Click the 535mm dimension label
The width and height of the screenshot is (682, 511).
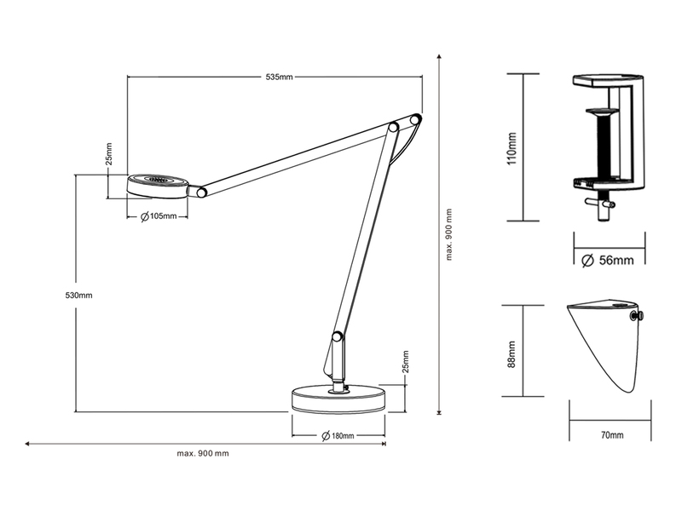click(x=279, y=77)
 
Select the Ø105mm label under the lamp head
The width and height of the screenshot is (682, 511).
click(x=159, y=216)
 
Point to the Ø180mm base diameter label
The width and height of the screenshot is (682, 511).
click(x=338, y=436)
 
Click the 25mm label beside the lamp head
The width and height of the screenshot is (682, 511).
click(x=109, y=153)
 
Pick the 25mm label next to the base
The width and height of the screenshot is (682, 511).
click(x=406, y=362)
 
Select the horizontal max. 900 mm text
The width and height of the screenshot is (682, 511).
click(x=203, y=453)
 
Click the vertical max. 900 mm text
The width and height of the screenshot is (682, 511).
click(x=448, y=237)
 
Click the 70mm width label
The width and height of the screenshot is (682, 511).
click(x=610, y=435)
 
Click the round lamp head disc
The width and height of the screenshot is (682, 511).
click(x=159, y=184)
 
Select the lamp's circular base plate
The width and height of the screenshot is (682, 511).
click(x=338, y=399)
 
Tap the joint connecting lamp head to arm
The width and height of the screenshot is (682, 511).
click(x=202, y=192)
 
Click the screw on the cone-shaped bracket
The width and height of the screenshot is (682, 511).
click(x=635, y=318)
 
